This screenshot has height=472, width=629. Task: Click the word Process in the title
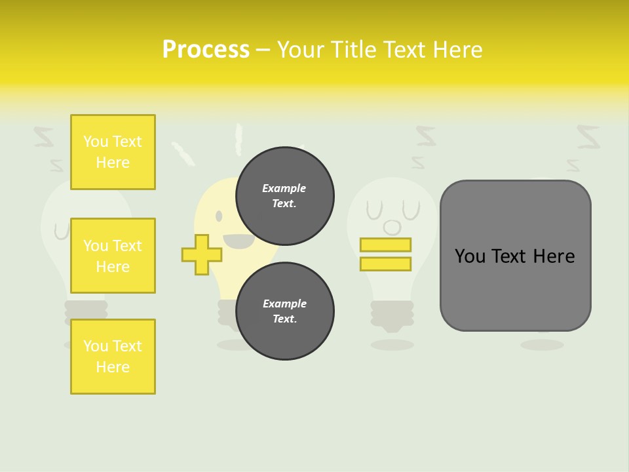[x=206, y=50]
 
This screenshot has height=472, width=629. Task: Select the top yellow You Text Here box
[x=113, y=152]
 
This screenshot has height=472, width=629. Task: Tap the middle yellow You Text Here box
[x=113, y=256]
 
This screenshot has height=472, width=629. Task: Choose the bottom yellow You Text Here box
[x=113, y=357]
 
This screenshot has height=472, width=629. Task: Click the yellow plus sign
[x=201, y=254]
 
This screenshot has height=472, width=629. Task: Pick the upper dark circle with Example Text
[x=284, y=196]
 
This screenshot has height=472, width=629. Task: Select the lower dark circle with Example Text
[x=284, y=311]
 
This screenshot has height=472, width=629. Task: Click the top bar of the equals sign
[x=385, y=245]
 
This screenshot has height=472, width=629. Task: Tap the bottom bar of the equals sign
[x=385, y=264]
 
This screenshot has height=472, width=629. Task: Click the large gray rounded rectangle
[x=515, y=256]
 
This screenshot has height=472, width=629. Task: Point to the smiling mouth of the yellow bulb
[x=239, y=241]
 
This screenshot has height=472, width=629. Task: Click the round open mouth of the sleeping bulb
[x=392, y=227]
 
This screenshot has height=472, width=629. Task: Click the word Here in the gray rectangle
[x=554, y=256]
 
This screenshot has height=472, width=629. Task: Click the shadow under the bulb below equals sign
[x=392, y=344]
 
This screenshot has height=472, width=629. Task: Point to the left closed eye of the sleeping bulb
[x=373, y=211]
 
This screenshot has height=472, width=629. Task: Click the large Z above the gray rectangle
[x=588, y=137]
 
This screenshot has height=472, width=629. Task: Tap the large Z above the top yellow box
[x=44, y=137]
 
